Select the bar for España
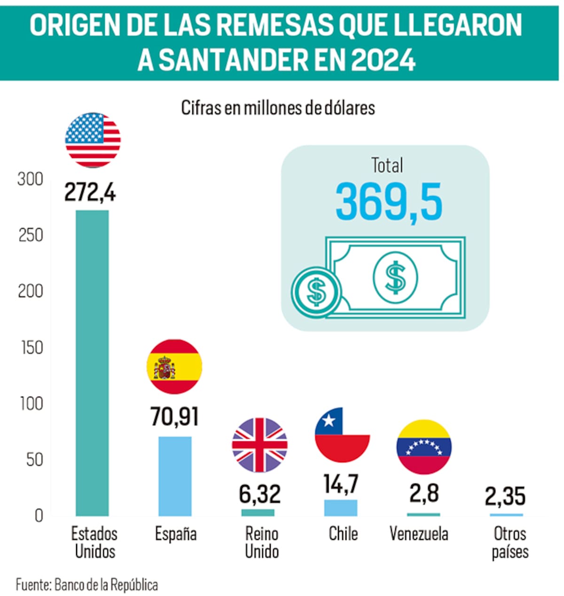pos(175,476)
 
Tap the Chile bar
pos(341,508)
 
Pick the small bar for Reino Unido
pos(258,512)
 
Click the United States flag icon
pos(93,140)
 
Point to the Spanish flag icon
pos(175,366)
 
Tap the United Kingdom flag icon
pos(259,445)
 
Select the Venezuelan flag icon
pos(424,447)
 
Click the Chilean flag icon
pos(342,435)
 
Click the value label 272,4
pos(90,192)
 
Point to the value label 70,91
pos(174,416)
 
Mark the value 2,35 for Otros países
pos(505,496)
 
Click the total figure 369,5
pos(389,202)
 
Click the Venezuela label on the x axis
pos(419,534)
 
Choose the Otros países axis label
pos(510,542)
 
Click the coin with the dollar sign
pos(316,291)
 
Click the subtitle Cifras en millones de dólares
pos(278,108)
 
